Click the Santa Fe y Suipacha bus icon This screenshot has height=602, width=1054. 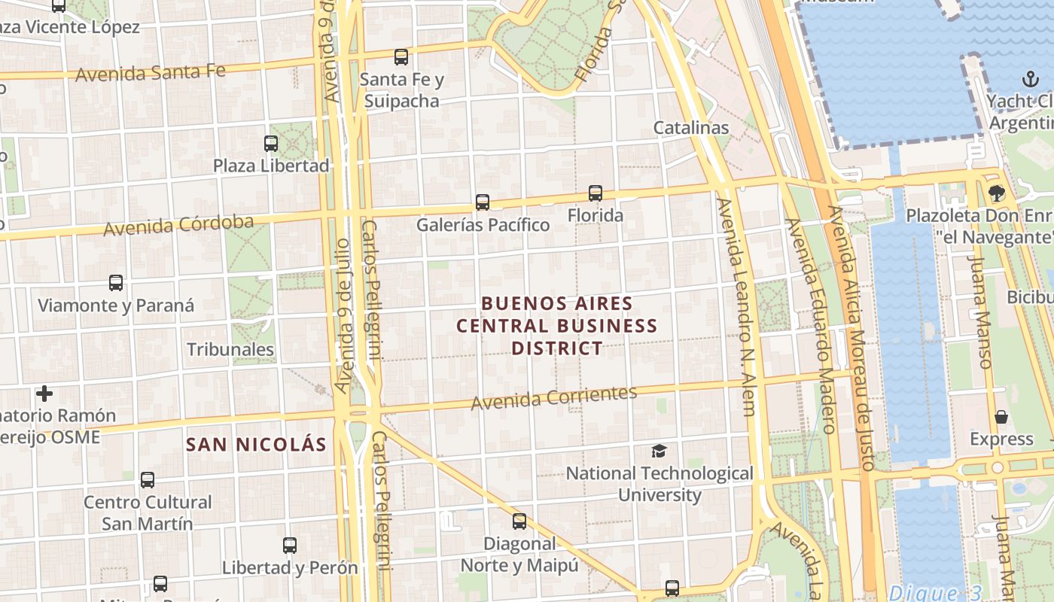(x=401, y=56)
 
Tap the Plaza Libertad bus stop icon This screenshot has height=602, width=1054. (x=271, y=143)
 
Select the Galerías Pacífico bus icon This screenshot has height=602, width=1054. (x=483, y=202)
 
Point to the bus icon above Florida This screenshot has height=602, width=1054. (x=596, y=193)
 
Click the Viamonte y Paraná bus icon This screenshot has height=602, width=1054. (x=116, y=283)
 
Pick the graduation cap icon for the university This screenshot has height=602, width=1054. (x=660, y=451)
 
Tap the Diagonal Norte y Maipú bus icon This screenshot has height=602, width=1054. (x=519, y=521)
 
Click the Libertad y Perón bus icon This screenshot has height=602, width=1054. (x=290, y=546)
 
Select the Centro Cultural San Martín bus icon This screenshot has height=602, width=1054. (x=148, y=479)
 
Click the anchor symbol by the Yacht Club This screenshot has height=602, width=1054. (x=1029, y=78)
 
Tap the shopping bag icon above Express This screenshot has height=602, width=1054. (x=1001, y=417)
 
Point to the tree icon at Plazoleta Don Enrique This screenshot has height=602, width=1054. (x=997, y=193)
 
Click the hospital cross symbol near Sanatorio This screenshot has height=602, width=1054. (x=44, y=393)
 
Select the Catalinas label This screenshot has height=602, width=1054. (x=691, y=127)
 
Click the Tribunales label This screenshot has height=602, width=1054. (x=230, y=349)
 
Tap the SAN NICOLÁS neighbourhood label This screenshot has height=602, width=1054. (x=256, y=444)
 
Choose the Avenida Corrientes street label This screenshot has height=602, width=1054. (x=554, y=397)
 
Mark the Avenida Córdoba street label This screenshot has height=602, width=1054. (x=178, y=225)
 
